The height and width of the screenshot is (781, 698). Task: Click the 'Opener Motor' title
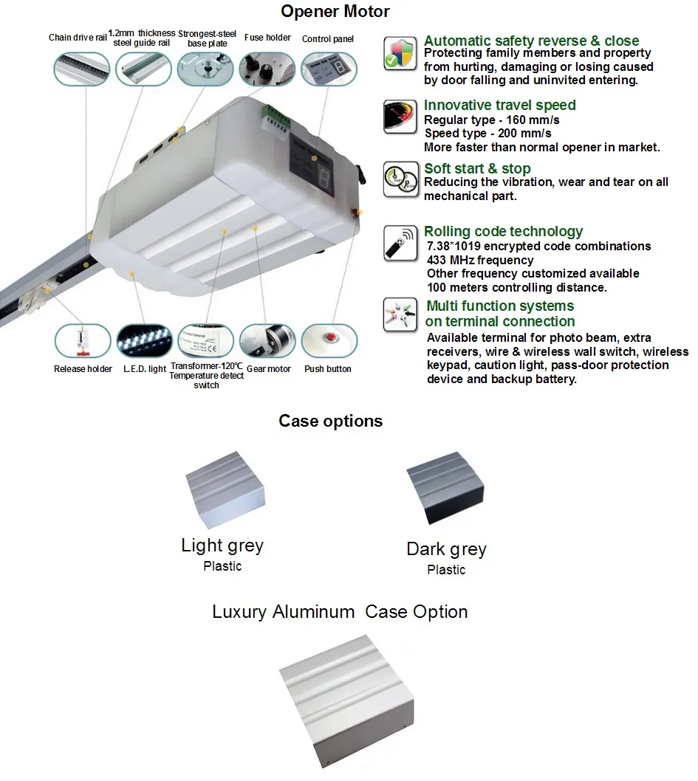(x=335, y=12)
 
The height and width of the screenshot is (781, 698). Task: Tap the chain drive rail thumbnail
(x=81, y=68)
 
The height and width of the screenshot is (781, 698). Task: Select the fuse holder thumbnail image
(x=267, y=68)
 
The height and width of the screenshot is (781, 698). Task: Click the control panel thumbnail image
(x=329, y=68)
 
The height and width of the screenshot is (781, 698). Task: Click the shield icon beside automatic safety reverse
(x=400, y=53)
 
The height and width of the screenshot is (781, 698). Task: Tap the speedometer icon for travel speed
(x=400, y=117)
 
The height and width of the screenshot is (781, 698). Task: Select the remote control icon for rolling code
(x=400, y=244)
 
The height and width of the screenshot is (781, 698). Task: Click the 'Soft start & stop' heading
(x=477, y=169)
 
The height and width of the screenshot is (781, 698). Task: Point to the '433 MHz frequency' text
(x=480, y=260)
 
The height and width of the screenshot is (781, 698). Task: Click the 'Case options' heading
(x=330, y=421)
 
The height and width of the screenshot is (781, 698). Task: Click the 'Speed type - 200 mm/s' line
(x=487, y=134)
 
